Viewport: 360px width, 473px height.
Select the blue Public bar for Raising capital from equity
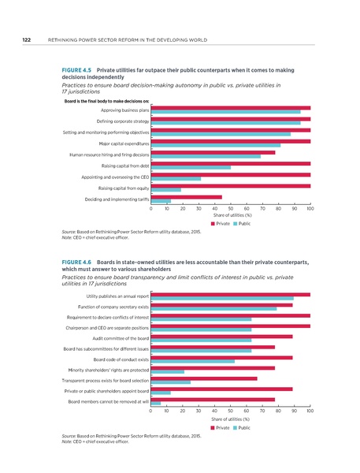(x=165, y=190)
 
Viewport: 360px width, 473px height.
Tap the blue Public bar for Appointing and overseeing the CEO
(x=176, y=179)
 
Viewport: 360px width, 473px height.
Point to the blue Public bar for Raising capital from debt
(x=191, y=168)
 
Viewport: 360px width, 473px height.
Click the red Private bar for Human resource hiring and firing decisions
(x=213, y=152)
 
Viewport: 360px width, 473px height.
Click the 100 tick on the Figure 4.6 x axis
(x=310, y=411)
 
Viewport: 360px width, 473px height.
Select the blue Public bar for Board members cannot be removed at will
(x=155, y=403)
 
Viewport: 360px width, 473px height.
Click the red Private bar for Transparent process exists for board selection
(x=203, y=378)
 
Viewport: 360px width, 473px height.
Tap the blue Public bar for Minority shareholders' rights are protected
(x=167, y=371)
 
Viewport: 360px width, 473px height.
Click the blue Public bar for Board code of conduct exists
(x=192, y=360)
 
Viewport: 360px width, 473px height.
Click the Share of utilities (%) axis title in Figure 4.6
(x=231, y=419)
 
